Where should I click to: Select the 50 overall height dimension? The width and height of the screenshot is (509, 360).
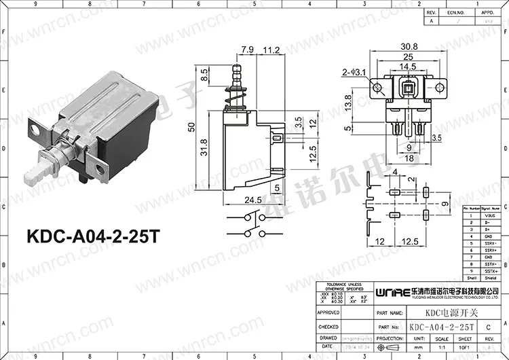point(191,127)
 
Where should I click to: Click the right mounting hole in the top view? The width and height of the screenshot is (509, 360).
point(440,88)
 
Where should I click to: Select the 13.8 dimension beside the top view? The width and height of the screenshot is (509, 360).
point(347,103)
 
